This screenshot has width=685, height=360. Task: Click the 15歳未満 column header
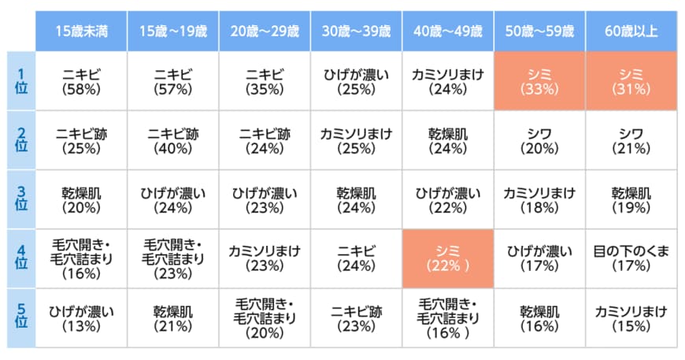click(81, 32)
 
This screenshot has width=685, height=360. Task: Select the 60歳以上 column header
click(631, 32)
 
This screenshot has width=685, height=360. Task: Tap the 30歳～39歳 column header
click(356, 32)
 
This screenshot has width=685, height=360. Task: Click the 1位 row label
click(22, 81)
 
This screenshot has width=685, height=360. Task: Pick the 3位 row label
click(22, 199)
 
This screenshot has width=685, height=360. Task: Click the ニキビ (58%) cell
click(81, 81)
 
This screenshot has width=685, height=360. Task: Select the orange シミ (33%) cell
click(539, 81)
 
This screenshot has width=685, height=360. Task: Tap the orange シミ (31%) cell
click(631, 81)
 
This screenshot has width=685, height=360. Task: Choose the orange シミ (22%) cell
click(448, 258)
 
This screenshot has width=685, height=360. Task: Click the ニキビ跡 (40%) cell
click(173, 140)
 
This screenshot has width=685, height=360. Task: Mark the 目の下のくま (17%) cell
click(631, 258)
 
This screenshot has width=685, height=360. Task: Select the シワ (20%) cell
click(539, 140)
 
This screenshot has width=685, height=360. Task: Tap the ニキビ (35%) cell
click(265, 81)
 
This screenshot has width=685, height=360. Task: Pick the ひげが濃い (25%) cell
click(356, 81)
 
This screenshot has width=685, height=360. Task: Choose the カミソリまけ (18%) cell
click(539, 199)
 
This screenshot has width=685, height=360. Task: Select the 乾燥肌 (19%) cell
click(631, 199)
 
